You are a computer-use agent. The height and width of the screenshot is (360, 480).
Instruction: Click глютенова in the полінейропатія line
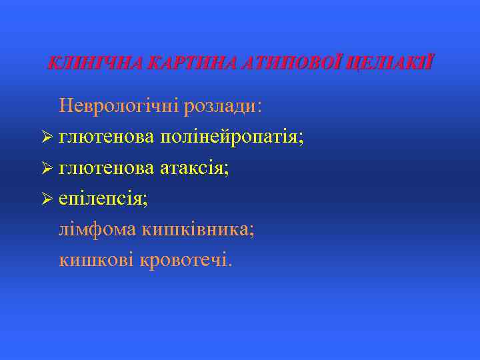107,137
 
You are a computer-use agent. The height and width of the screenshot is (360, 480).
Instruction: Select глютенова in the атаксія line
107,169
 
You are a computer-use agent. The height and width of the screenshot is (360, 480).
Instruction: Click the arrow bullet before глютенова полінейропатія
47,137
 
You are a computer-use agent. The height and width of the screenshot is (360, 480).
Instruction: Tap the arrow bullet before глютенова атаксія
47,169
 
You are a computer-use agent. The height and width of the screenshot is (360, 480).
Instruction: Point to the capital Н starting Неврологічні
66,106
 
